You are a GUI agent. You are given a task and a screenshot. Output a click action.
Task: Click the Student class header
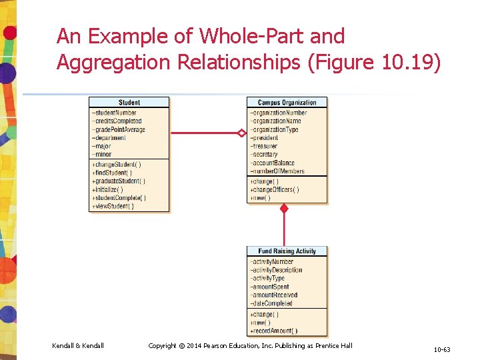click(129, 102)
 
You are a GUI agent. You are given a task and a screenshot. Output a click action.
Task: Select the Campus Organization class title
click(287, 102)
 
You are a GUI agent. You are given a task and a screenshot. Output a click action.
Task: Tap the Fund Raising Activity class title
click(287, 251)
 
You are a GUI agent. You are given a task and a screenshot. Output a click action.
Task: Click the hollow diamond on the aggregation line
click(241, 133)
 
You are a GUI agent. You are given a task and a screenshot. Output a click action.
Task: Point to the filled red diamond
click(284, 209)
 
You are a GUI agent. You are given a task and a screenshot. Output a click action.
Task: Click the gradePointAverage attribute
click(119, 129)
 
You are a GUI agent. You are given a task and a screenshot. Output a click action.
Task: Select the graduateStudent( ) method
click(119, 181)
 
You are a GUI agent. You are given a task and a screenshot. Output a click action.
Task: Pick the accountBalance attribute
click(273, 163)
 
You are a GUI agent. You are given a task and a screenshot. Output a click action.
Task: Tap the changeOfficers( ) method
click(275, 189)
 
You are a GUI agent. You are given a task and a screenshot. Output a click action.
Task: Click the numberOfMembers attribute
click(278, 171)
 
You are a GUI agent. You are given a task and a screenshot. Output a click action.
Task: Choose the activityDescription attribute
click(277, 270)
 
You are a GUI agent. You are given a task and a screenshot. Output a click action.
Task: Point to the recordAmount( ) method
click(275, 331)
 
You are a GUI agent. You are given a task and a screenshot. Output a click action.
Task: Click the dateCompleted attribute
click(272, 303)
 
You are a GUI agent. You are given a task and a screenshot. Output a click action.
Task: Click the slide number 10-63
click(442, 349)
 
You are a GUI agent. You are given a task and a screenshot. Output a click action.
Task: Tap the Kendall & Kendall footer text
click(78, 345)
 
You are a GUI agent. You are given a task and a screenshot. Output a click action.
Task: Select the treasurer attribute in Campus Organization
click(265, 146)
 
